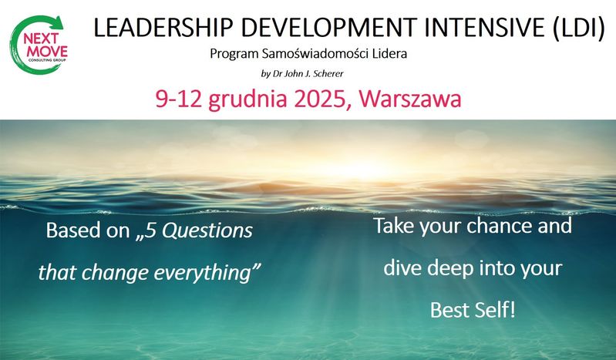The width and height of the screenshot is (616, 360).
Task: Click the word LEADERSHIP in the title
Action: pos(162,28)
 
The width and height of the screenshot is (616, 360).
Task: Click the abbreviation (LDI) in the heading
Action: pos(578,29)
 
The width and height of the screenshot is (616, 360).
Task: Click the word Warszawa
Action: pos(410,99)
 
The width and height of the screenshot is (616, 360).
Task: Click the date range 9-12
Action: pos(179,99)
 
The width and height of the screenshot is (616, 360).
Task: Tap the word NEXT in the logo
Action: pos(41,39)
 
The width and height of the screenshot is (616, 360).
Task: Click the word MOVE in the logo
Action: pos(47,51)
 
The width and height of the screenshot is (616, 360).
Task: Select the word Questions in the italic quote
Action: pos(207,230)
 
